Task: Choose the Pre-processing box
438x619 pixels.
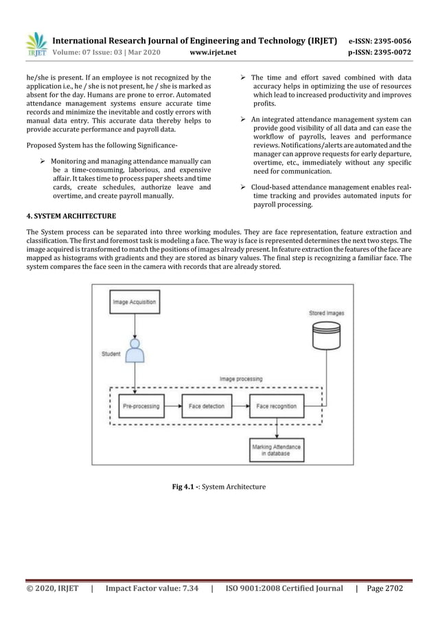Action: (141, 406)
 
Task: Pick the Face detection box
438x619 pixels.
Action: (206, 406)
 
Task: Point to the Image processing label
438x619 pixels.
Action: (240, 379)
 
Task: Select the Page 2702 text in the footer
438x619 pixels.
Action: (384, 587)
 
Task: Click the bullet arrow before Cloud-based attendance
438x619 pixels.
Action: (244, 187)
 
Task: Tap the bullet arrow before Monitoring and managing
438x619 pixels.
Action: (43, 161)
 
